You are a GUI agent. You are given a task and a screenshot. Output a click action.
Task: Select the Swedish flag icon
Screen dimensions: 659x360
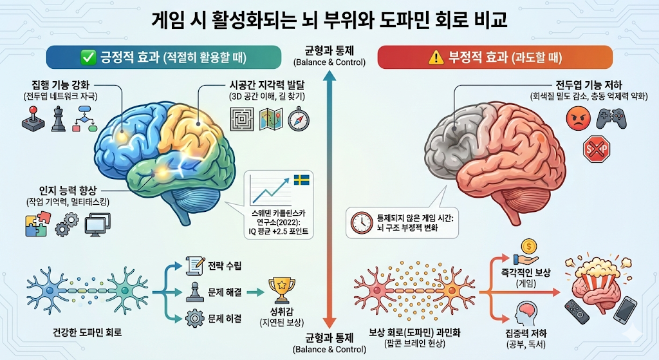[x=301, y=179]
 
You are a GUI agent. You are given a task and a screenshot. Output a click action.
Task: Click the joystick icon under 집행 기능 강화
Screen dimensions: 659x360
[x=30, y=120]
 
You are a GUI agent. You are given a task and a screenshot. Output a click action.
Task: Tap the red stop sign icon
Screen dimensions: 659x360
[x=595, y=151]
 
